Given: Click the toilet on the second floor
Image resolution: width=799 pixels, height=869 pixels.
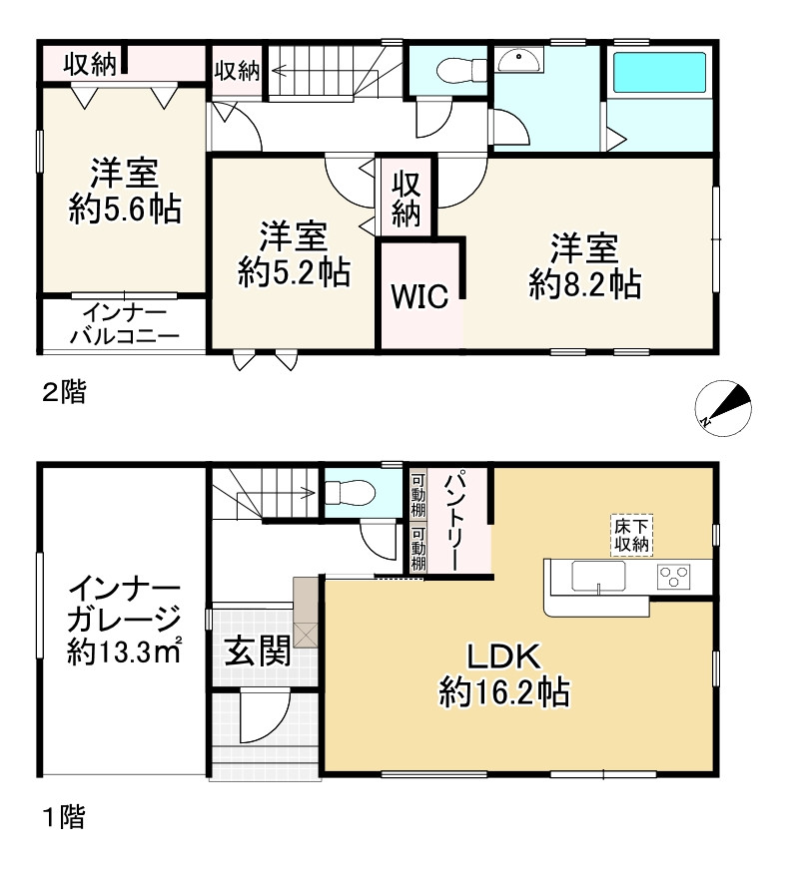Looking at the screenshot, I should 457,70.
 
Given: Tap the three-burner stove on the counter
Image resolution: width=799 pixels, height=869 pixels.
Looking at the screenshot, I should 675,577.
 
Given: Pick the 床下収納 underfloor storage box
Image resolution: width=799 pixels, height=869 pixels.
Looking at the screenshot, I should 632,535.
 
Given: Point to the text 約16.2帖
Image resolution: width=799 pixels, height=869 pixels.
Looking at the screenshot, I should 504,690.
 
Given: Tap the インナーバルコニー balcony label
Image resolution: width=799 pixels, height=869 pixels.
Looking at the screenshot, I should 124,325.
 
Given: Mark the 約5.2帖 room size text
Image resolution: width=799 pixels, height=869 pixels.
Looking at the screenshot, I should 295,272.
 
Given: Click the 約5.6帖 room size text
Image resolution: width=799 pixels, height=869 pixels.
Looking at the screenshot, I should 125,209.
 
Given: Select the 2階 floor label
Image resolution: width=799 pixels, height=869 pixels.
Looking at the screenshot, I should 62,393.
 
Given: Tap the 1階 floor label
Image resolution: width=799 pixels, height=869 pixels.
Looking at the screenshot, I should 62,819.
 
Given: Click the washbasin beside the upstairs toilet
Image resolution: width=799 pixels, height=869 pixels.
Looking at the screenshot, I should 519,62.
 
